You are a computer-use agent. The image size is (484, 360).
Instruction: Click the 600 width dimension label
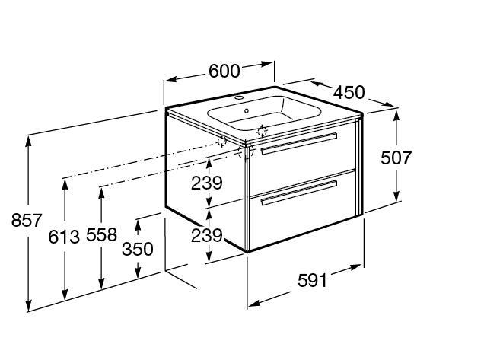pos(224,71)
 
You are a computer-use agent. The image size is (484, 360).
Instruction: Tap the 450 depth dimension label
pos(349,92)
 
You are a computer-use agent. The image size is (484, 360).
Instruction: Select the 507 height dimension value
pos(396,158)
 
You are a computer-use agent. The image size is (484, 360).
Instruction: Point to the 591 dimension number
pos(312,281)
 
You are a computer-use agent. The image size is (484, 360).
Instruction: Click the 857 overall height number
pos(27,221)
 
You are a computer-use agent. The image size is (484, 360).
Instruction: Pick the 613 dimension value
pos(64,237)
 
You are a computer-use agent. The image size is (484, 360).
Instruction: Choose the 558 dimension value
pos(101,234)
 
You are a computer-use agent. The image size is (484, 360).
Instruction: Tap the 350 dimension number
pos(138,249)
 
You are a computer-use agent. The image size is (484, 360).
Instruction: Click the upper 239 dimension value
pos(207,183)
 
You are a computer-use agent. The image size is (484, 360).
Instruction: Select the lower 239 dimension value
pos(207,236)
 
